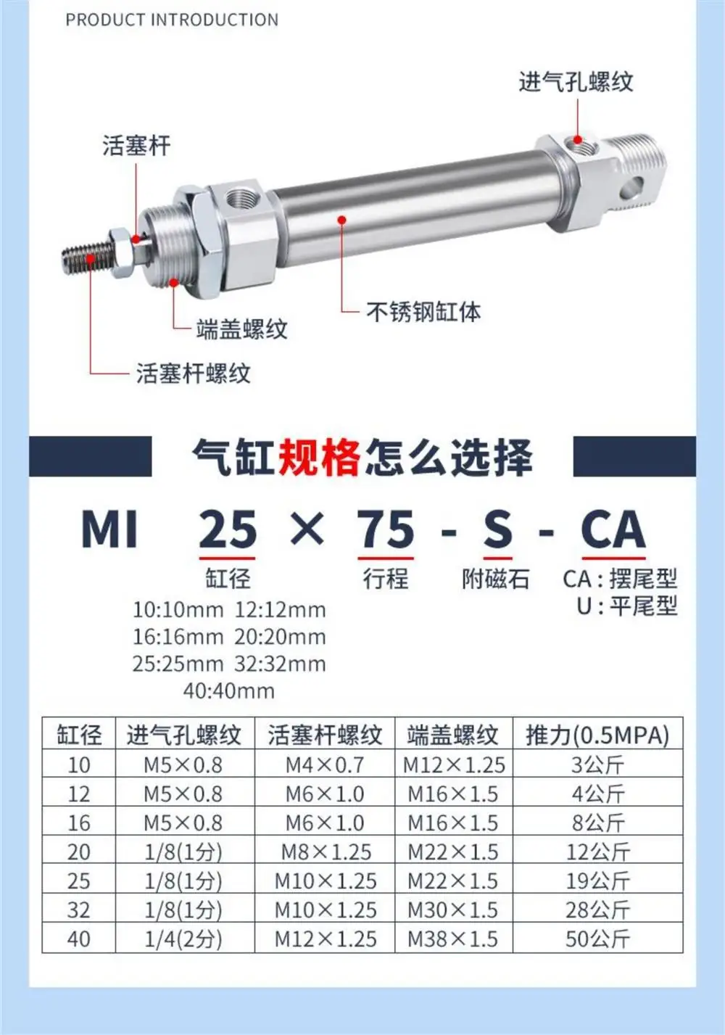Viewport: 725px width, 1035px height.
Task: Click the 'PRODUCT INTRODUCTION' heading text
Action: (x=172, y=20)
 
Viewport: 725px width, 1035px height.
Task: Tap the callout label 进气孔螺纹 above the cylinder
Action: (x=576, y=81)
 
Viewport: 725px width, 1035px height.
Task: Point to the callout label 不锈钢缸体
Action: (x=423, y=312)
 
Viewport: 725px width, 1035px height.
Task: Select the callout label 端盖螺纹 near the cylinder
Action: (x=241, y=329)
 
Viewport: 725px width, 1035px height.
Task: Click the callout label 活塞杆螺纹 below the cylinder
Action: (x=194, y=374)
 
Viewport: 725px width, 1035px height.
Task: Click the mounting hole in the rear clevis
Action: (x=634, y=186)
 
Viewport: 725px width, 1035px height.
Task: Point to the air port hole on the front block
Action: (x=239, y=199)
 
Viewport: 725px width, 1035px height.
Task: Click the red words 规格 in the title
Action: (x=319, y=458)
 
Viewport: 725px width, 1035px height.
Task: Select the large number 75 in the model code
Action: (x=385, y=529)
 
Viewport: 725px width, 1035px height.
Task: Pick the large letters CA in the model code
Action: (x=613, y=529)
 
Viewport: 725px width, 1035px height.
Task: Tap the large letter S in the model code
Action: (x=497, y=529)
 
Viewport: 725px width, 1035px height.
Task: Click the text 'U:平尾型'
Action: (x=626, y=606)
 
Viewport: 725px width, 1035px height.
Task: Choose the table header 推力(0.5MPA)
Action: (x=597, y=735)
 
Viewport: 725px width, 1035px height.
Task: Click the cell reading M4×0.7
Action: (x=324, y=764)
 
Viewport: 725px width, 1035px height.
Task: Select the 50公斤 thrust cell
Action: (x=597, y=939)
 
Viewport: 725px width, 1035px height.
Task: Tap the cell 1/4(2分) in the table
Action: (x=183, y=939)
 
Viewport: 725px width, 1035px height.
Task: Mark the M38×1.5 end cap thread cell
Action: (x=452, y=939)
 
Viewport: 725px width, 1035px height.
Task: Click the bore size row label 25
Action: (x=78, y=881)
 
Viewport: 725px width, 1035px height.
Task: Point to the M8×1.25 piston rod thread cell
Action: (x=326, y=851)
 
